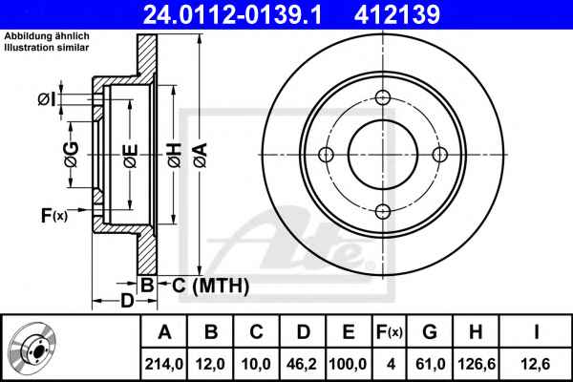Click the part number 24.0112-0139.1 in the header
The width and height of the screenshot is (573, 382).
232,14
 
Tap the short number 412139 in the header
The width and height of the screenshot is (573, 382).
397,14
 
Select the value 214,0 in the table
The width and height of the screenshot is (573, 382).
163,364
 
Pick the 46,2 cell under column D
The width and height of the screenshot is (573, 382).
303,364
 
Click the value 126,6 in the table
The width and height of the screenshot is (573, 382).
477,364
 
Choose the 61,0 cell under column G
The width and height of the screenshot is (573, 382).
431,364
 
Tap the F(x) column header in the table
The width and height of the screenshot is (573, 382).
390,332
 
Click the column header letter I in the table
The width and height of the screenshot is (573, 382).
536,332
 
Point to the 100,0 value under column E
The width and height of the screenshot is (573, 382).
348,364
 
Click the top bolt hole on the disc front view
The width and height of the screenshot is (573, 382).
383,97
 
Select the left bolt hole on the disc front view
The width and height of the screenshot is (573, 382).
326,155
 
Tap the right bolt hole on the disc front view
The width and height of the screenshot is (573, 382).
440,155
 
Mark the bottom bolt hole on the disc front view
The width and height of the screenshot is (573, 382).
383,212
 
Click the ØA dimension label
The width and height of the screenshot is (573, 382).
201,155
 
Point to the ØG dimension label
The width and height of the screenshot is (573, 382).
72,155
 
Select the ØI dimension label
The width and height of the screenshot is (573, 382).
47,98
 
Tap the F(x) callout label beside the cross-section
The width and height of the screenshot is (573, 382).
54,215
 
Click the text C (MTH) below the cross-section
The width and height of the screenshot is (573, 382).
210,286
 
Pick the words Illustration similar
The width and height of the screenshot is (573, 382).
47,48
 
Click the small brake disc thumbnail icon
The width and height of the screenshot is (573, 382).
32,348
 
